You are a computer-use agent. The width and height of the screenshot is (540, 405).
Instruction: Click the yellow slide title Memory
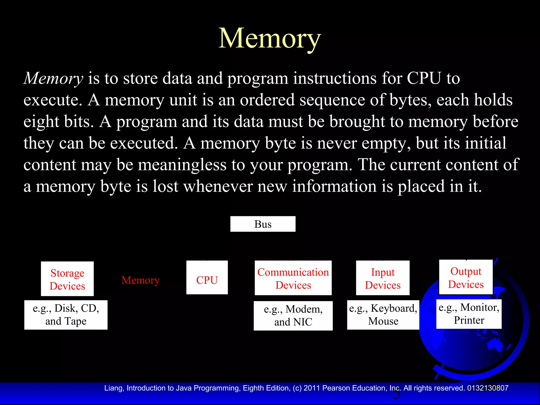click(269, 38)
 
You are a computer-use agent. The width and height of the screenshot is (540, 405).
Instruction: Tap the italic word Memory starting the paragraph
click(53, 78)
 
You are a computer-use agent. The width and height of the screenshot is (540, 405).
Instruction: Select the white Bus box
click(263, 224)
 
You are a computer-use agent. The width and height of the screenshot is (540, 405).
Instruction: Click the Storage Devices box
click(67, 279)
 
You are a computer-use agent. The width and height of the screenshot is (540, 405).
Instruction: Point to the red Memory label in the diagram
click(141, 280)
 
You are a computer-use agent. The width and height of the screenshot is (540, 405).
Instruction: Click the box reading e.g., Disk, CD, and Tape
click(66, 315)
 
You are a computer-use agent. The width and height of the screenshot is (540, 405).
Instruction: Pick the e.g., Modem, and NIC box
click(293, 316)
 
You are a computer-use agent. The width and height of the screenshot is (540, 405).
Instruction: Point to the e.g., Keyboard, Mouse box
click(383, 315)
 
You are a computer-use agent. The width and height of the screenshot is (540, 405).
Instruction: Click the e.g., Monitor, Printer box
click(469, 314)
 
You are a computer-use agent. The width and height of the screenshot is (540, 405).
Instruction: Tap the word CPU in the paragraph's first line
click(424, 78)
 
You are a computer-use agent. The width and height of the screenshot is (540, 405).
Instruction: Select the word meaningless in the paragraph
click(182, 165)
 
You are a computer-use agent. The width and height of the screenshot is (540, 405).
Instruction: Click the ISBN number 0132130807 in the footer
click(488, 388)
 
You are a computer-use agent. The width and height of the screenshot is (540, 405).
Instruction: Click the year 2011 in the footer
click(312, 388)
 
